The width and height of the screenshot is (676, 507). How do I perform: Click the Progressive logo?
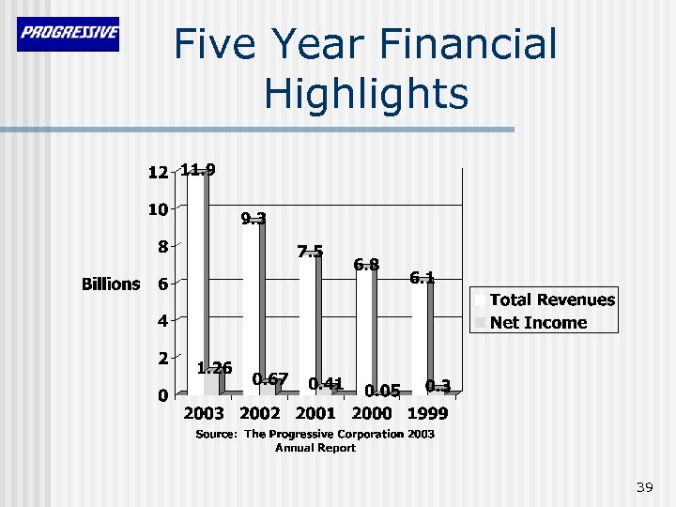click(x=68, y=34)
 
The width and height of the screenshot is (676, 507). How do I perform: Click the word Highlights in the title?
click(x=365, y=94)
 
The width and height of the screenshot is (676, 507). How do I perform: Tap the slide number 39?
click(x=644, y=486)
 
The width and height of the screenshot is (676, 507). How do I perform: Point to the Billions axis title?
click(x=111, y=284)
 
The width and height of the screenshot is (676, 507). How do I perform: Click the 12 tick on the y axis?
click(x=158, y=173)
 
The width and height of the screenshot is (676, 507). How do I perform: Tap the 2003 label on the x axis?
click(x=203, y=414)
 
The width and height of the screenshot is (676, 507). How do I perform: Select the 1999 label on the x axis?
click(x=427, y=414)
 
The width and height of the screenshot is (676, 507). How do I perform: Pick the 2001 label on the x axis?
click(x=315, y=414)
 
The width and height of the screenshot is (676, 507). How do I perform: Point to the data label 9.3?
click(x=253, y=219)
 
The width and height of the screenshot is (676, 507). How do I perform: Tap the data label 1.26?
click(x=214, y=368)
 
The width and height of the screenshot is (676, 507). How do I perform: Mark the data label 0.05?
click(x=382, y=390)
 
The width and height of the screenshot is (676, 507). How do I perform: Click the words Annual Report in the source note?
click(x=315, y=448)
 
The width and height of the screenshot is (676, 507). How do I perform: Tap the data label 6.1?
click(x=422, y=277)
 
